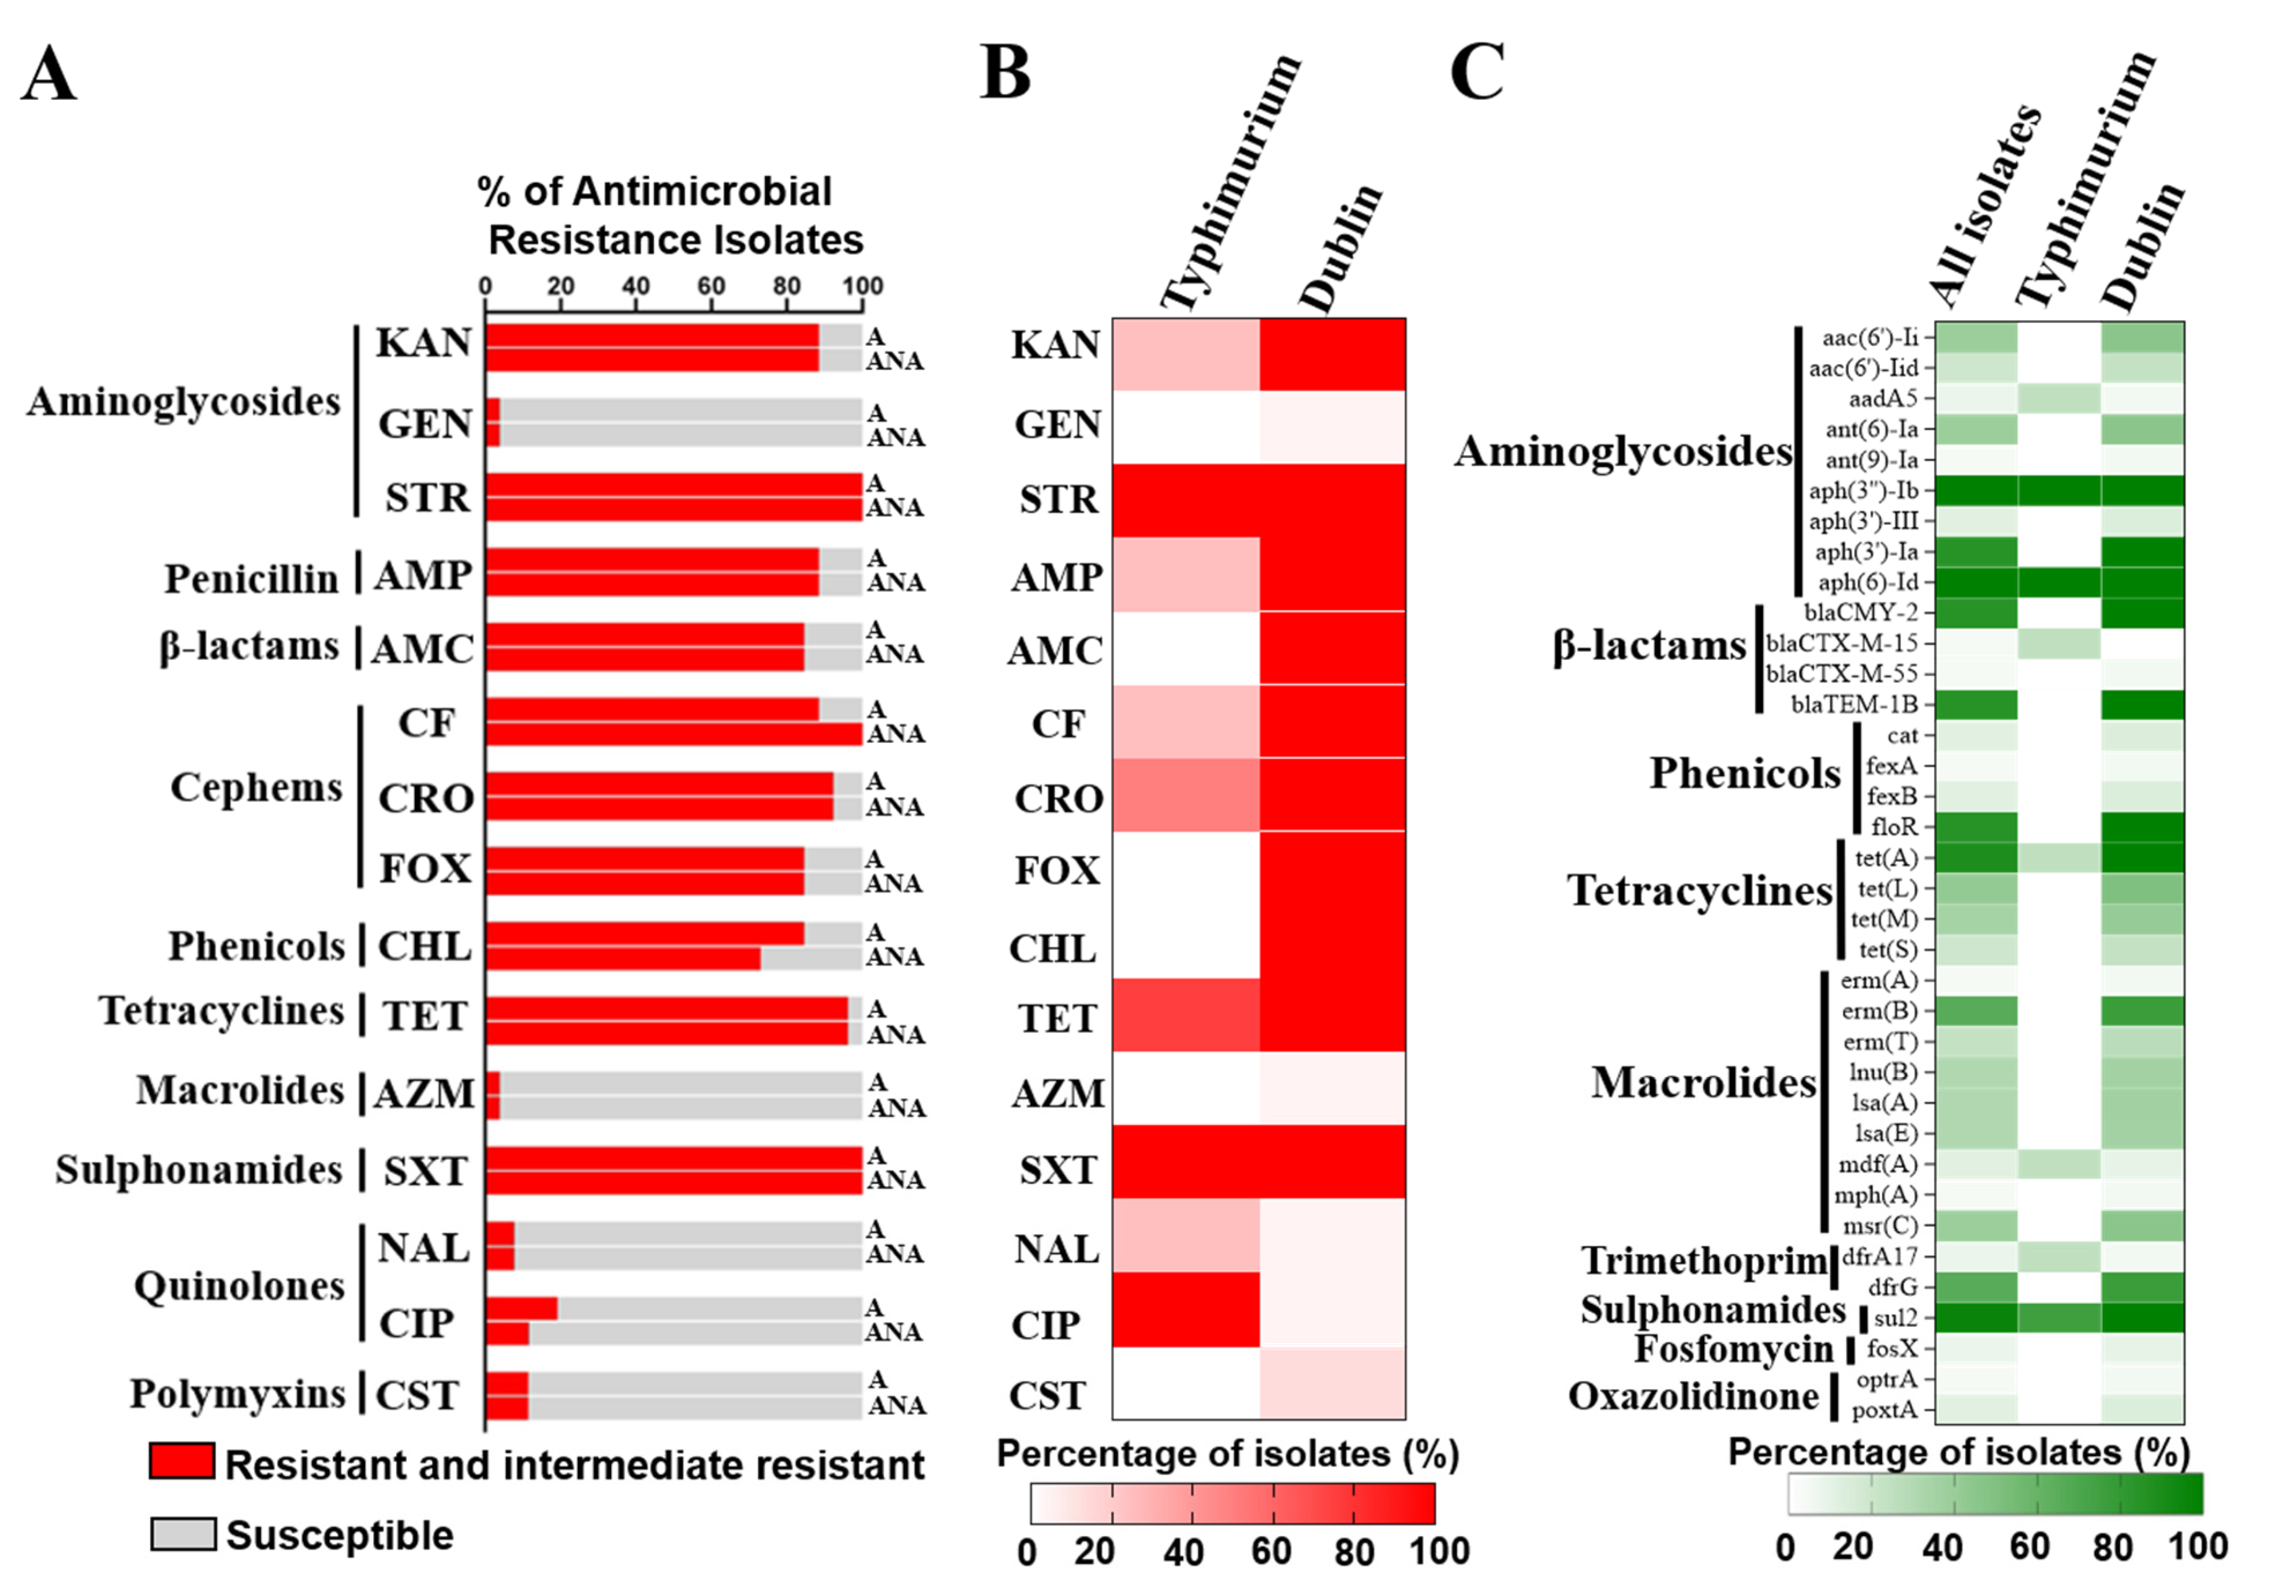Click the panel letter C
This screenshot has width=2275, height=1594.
pos(1476,72)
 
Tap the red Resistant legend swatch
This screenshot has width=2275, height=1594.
pos(181,1461)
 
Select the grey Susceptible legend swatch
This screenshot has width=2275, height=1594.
pos(183,1533)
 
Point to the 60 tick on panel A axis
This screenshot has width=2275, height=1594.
pos(710,286)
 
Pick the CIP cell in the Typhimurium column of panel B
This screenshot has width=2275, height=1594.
pos(1185,1310)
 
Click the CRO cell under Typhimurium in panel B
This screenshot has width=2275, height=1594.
pos(1185,794)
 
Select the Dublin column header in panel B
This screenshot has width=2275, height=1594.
pos(1339,248)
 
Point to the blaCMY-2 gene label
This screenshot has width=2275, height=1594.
pos(1861,612)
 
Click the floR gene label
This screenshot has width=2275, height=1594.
pos(1893,826)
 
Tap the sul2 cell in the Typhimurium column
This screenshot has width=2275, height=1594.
pos(2058,1317)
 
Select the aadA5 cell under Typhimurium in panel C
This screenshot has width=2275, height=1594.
pos(2058,398)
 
